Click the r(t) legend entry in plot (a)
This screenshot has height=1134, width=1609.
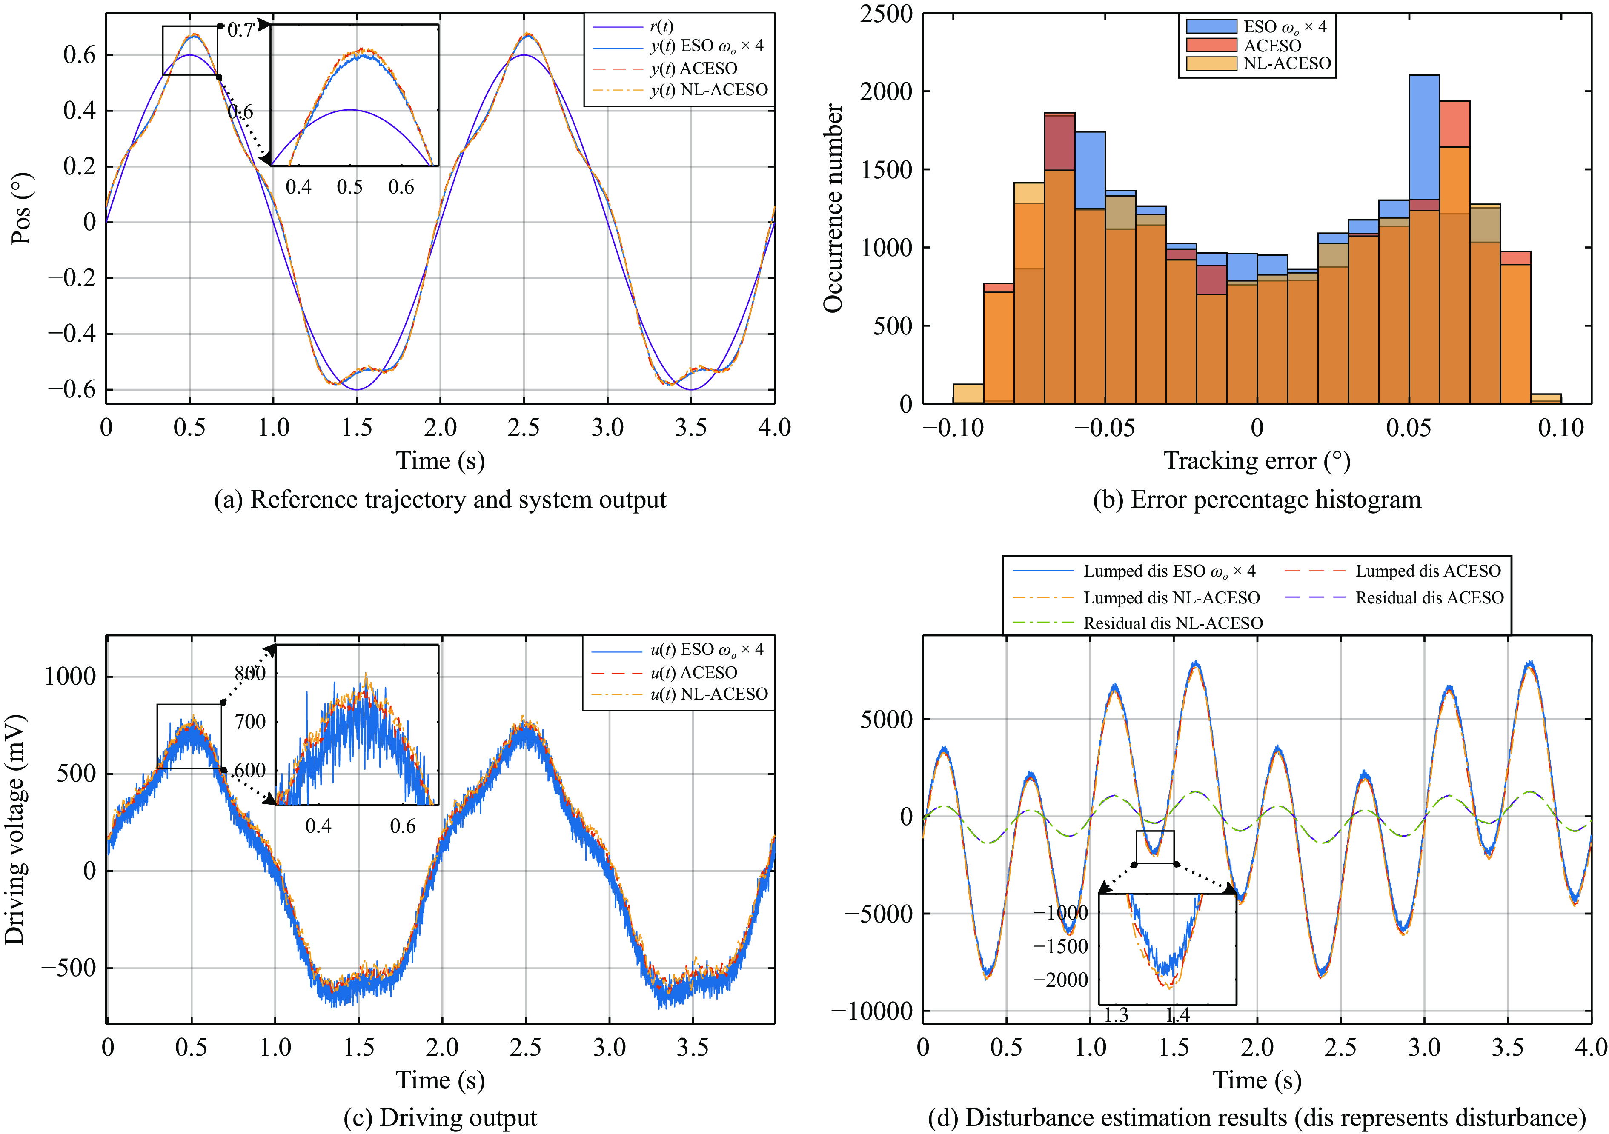click(661, 27)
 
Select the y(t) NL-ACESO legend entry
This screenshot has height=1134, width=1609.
click(708, 90)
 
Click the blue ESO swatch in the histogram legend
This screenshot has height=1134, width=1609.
click(1211, 27)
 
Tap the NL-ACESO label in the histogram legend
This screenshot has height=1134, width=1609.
click(1287, 64)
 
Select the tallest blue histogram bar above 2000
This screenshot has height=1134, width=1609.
click(1424, 140)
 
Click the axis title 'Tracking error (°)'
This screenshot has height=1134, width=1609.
click(1257, 461)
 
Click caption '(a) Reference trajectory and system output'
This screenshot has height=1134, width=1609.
click(440, 500)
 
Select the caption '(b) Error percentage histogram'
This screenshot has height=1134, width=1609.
click(1257, 500)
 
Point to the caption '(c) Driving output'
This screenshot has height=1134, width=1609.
click(440, 1118)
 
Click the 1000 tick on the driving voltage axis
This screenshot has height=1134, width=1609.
click(70, 677)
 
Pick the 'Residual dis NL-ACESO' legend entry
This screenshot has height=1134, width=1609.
click(1172, 623)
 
